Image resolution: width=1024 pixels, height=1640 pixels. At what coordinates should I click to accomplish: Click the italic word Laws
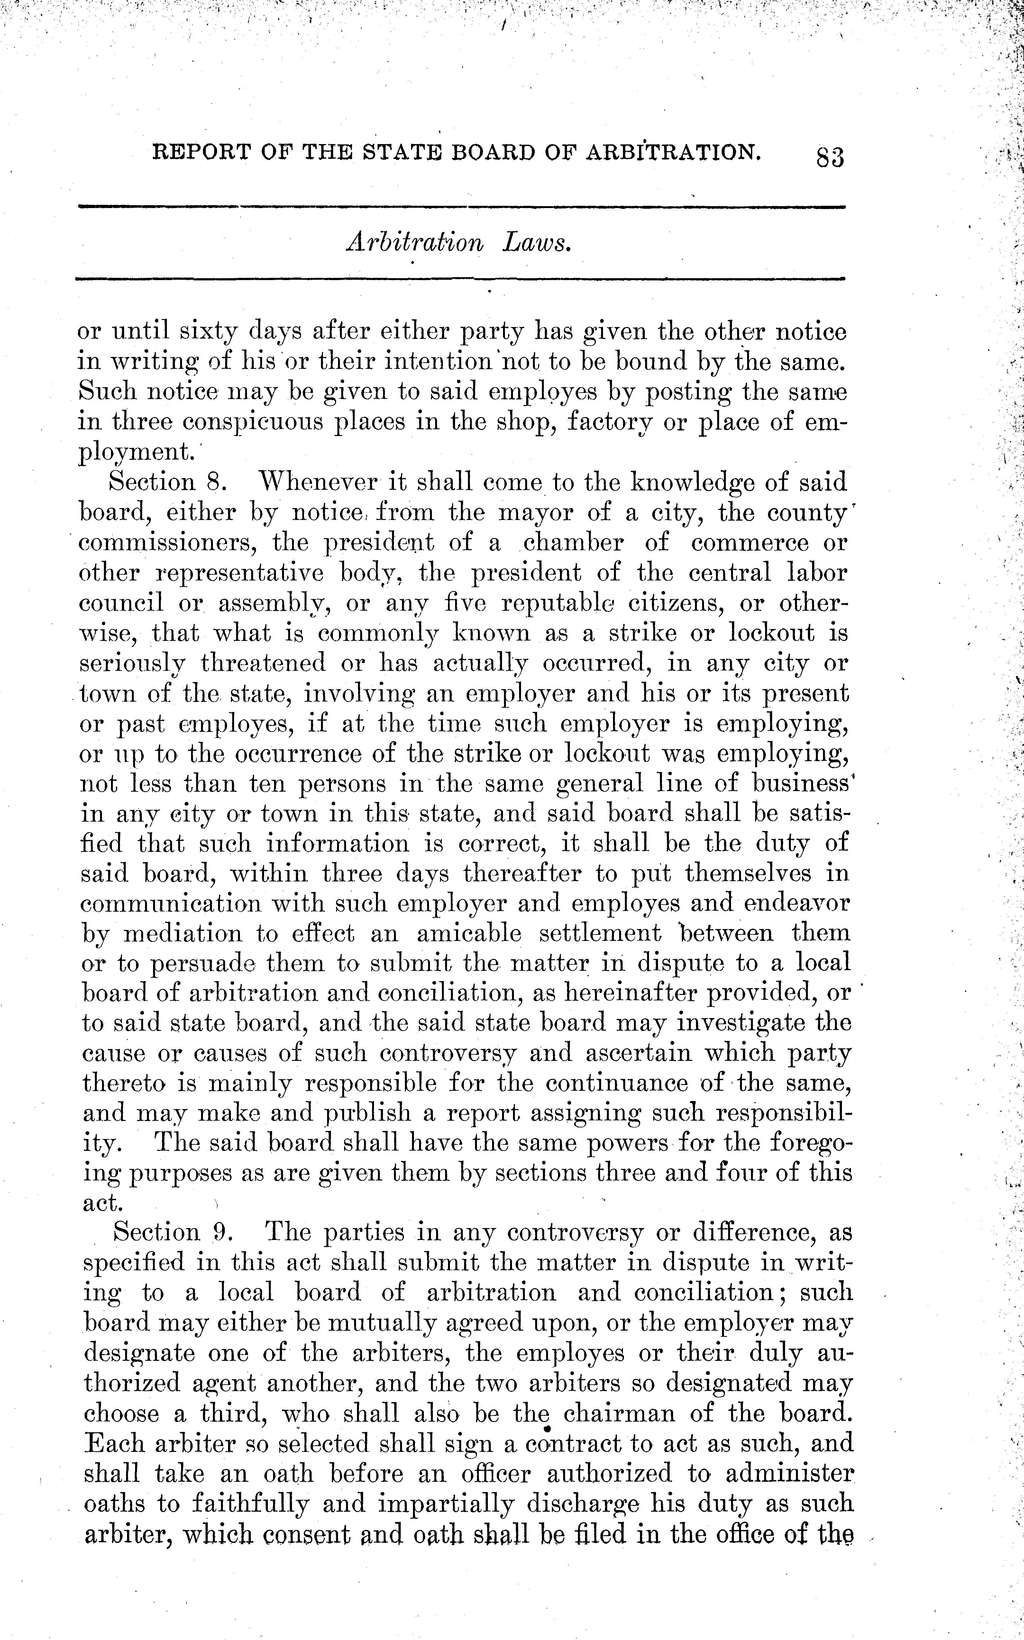tap(537, 243)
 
